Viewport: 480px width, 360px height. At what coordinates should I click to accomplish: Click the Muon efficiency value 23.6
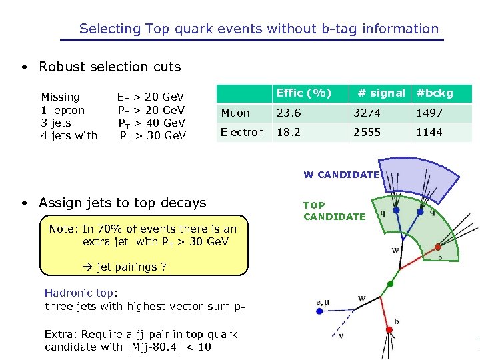(x=289, y=113)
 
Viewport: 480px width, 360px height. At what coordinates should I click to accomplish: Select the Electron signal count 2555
(x=367, y=132)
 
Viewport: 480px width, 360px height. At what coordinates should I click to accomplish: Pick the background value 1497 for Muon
(x=429, y=113)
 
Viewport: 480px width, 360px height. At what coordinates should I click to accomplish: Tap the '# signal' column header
(x=381, y=93)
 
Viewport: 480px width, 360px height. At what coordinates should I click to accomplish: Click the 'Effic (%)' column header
(x=303, y=93)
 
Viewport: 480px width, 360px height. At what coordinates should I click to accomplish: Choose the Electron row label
(x=242, y=132)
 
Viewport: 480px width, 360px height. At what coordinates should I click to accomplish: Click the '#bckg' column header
(x=434, y=93)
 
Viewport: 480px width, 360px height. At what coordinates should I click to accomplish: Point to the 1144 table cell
(x=429, y=132)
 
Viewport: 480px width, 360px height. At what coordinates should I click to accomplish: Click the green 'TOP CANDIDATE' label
(x=334, y=211)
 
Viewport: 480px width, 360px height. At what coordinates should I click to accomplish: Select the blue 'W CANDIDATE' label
(x=341, y=175)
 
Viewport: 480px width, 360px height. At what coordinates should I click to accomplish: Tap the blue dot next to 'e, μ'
(x=320, y=311)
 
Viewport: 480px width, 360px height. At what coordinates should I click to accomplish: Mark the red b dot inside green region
(x=437, y=247)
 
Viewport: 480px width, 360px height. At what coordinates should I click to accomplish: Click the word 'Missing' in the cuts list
(x=60, y=97)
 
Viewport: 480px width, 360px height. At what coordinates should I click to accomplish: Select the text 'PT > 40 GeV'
(x=152, y=123)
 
